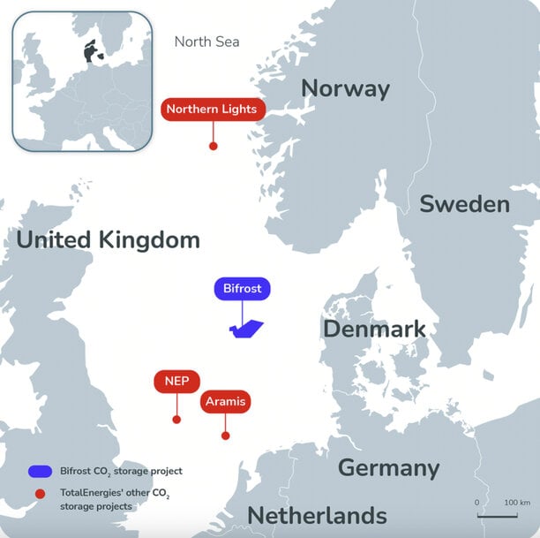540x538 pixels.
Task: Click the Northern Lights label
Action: [x=212, y=110]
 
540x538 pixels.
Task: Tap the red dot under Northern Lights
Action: [x=213, y=146]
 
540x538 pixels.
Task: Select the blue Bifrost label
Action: [x=243, y=289]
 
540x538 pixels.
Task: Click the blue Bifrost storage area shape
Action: [x=246, y=330]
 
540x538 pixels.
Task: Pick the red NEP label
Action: [x=176, y=382]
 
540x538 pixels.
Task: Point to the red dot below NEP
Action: [x=176, y=419]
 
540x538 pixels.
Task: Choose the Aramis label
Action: [x=225, y=401]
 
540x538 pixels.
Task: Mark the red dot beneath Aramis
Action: [x=226, y=436]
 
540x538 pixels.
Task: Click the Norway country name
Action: [x=345, y=88]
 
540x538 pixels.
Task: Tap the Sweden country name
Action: [x=464, y=204]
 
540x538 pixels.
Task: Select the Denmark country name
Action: [x=374, y=330]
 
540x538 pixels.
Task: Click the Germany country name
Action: [x=388, y=467]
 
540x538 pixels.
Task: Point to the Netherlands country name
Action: [x=317, y=515]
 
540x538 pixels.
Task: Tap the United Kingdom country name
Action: [x=108, y=239]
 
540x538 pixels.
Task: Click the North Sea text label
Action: [x=206, y=42]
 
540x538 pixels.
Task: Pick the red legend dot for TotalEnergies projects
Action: [x=39, y=495]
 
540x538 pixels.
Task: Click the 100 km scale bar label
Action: [x=516, y=502]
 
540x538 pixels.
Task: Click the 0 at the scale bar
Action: [x=477, y=502]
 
